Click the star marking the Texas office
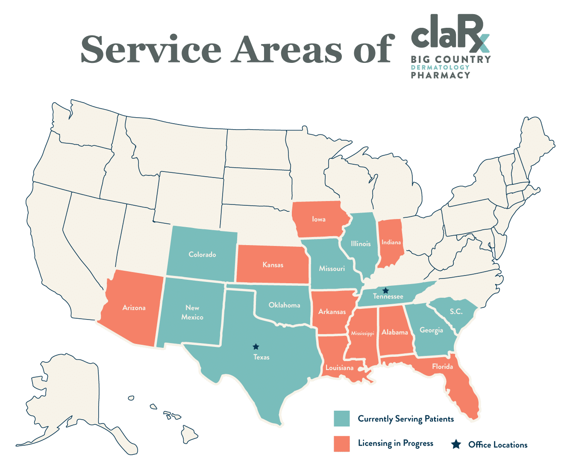(x=256, y=346)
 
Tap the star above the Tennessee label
(x=385, y=290)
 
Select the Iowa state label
(x=319, y=219)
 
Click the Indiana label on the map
(x=391, y=242)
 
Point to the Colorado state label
(x=202, y=255)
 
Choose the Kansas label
(x=273, y=265)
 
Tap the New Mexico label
(x=192, y=312)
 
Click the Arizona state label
(x=134, y=308)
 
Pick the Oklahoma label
(x=284, y=305)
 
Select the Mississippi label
(x=362, y=333)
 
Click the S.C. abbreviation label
(x=456, y=311)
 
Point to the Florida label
(x=442, y=367)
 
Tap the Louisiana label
(x=339, y=368)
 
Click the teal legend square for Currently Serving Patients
(x=342, y=418)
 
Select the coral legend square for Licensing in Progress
(x=342, y=444)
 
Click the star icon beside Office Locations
(x=456, y=444)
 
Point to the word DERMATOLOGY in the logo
(x=440, y=67)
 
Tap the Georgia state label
(x=431, y=330)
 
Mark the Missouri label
(x=332, y=269)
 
